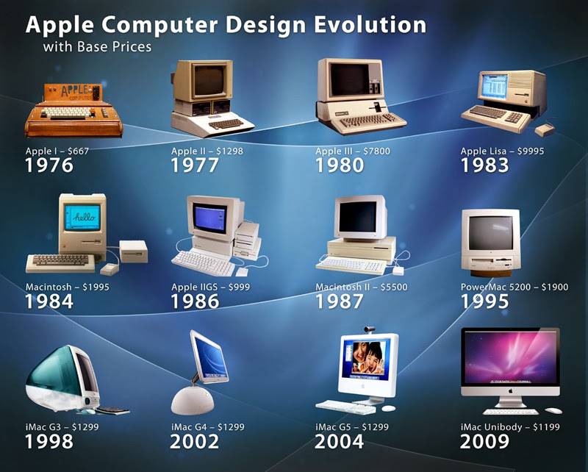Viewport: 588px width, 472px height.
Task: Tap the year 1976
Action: point(49,165)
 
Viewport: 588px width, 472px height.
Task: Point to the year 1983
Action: point(484,165)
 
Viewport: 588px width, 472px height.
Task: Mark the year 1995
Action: point(484,301)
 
